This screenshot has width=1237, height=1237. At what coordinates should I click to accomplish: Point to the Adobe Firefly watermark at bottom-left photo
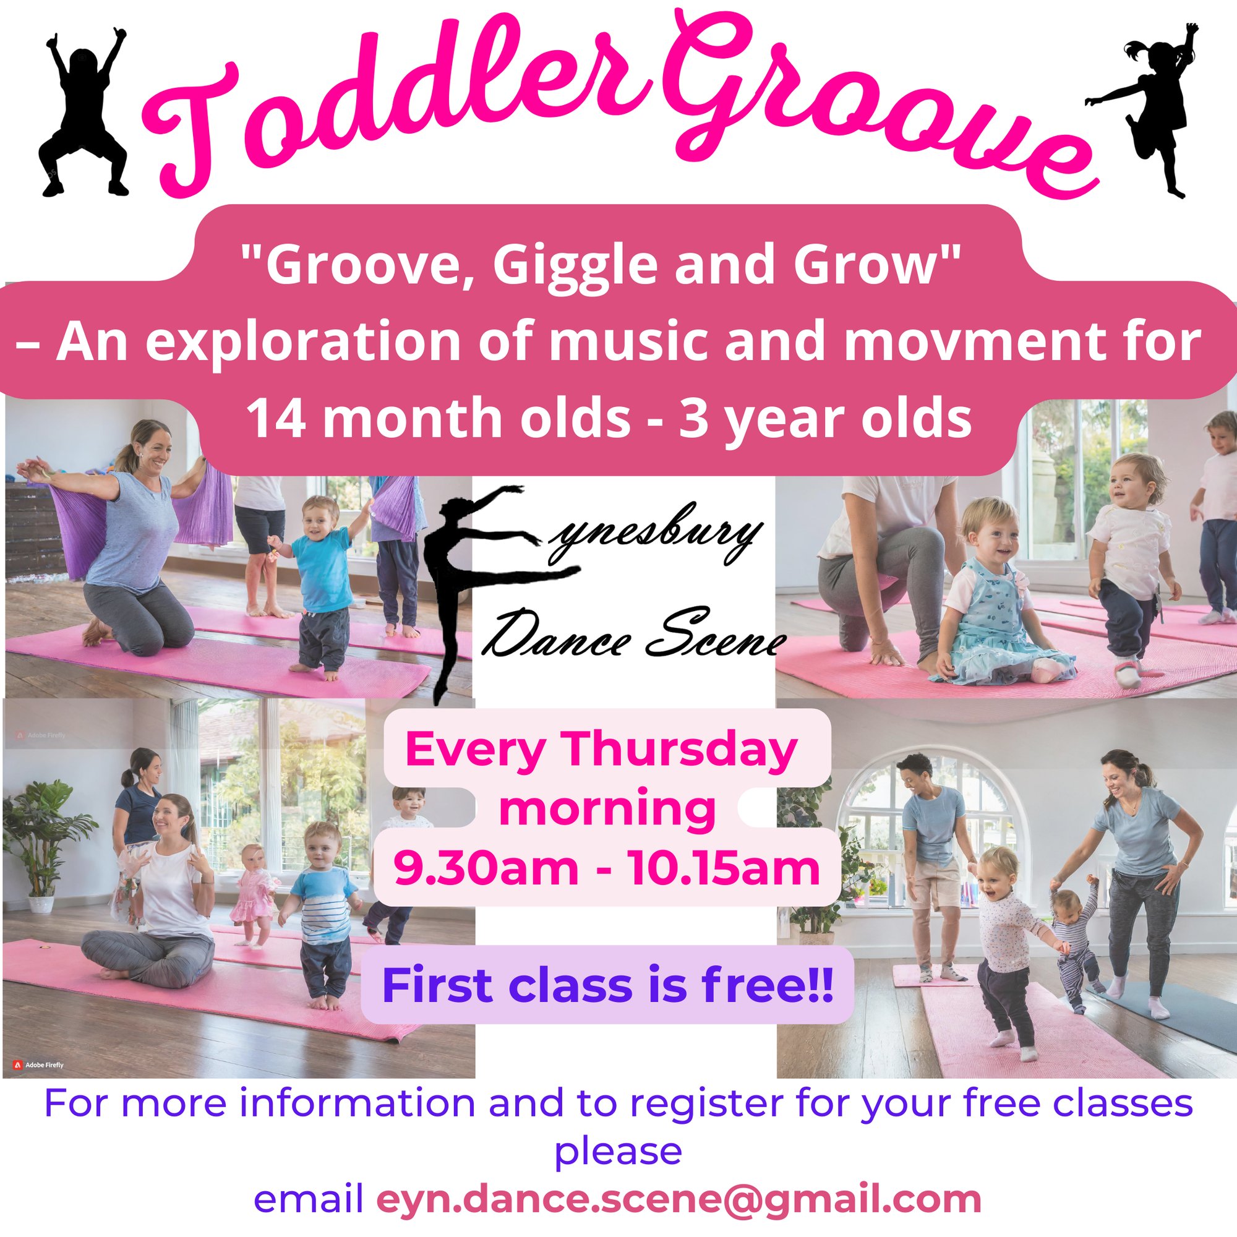click(38, 1066)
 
